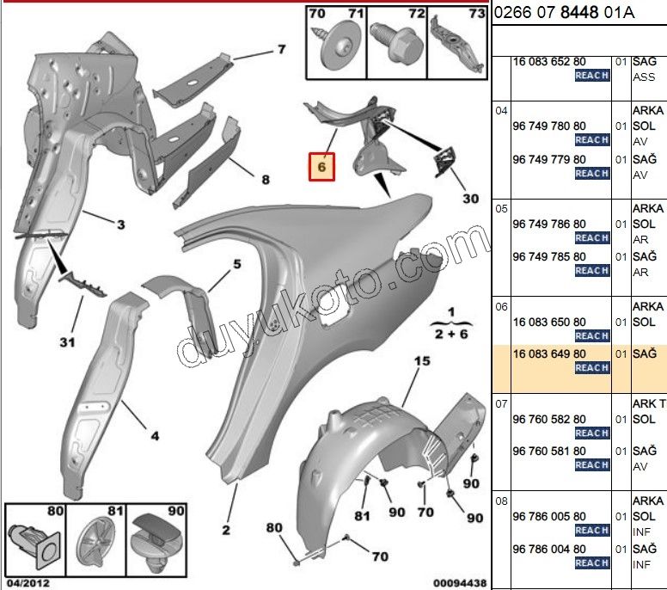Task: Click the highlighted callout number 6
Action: tap(321, 167)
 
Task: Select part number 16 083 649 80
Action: tap(549, 353)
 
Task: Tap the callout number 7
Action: tap(282, 49)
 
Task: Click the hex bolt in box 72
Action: tap(396, 41)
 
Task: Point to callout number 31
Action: tap(67, 341)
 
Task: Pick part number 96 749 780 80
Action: tap(549, 126)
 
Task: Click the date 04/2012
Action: tap(28, 583)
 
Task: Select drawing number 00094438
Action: tap(460, 583)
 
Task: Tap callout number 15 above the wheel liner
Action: tap(422, 361)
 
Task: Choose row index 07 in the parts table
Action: tap(501, 403)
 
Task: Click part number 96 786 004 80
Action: tap(549, 549)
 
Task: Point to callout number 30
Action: tap(470, 199)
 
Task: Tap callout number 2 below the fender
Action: tap(226, 530)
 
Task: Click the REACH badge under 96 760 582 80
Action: tap(592, 433)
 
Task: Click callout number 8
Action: tap(266, 180)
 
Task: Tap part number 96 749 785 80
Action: tap(549, 256)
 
